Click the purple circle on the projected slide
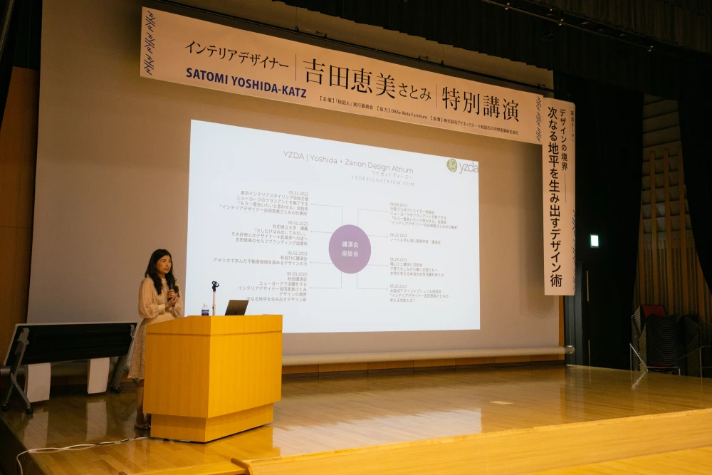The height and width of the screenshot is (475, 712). point(350,249)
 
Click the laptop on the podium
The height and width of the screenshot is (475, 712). point(236,308)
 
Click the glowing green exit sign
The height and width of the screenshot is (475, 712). point(594,241)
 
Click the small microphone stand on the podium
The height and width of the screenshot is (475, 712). point(214,296)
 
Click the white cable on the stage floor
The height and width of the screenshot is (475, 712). point(71,448)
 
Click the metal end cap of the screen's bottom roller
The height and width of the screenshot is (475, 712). point(569,350)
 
